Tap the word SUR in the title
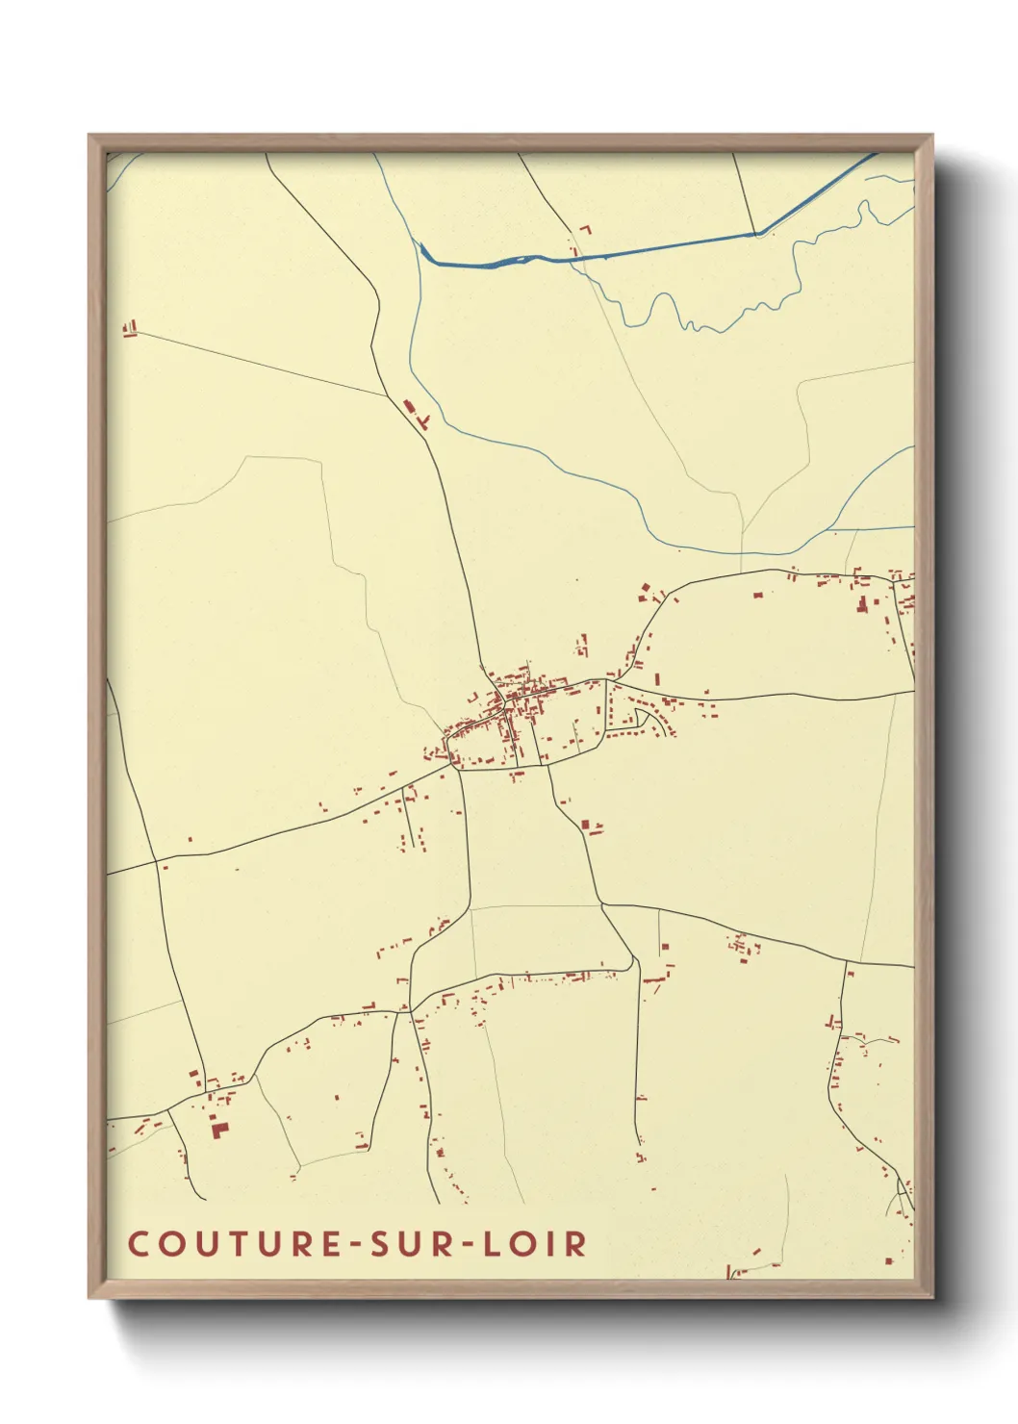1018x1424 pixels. click(x=403, y=1243)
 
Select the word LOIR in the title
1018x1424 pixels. click(x=534, y=1243)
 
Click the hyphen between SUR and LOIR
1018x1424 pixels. click(x=466, y=1244)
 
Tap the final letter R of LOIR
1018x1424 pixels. click(x=576, y=1243)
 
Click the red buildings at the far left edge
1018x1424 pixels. click(x=130, y=329)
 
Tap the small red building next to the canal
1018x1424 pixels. click(x=584, y=230)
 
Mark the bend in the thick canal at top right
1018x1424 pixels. click(x=758, y=233)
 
